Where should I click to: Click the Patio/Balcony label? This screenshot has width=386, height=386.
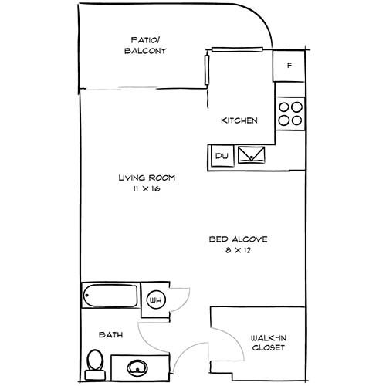tap(146, 46)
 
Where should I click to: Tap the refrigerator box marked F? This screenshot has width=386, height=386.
tap(289, 66)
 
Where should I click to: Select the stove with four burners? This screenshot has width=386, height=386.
tap(290, 114)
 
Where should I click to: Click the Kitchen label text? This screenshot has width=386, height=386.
tap(239, 121)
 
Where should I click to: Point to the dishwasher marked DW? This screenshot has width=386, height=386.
tap(221, 156)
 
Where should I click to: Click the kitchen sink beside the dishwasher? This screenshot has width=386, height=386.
tap(253, 155)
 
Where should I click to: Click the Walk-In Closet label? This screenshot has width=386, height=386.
tap(268, 343)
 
